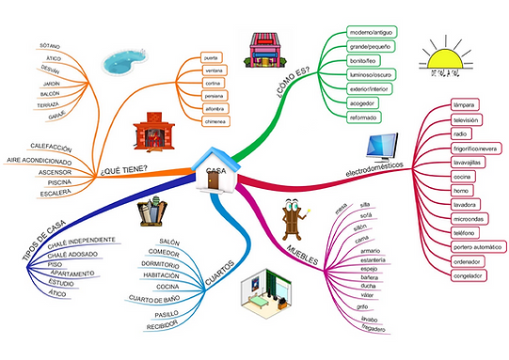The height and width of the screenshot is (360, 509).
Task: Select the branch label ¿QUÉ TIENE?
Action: click(x=124, y=171)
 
